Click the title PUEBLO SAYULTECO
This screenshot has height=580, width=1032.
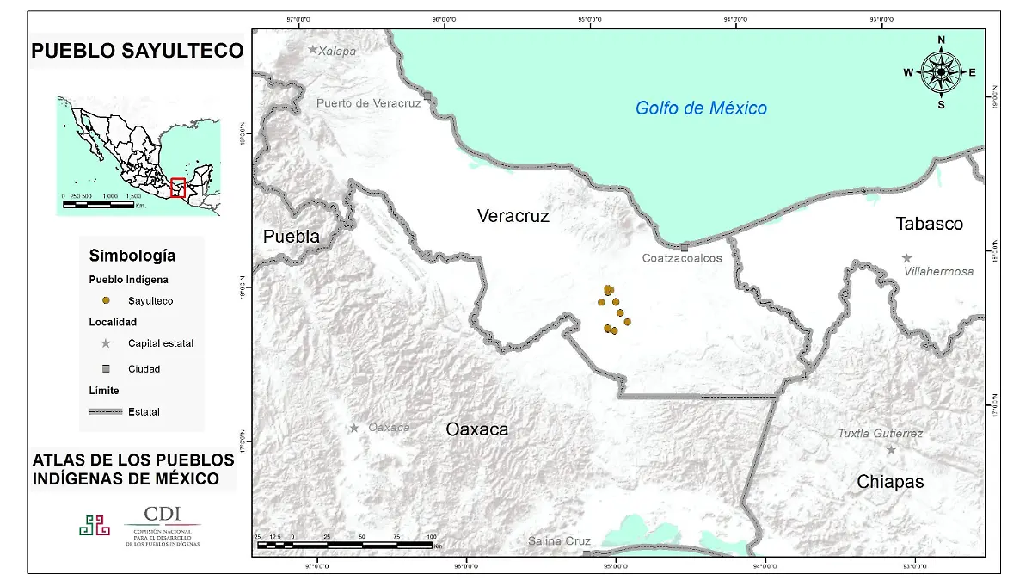(138, 51)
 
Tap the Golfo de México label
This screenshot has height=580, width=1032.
(701, 108)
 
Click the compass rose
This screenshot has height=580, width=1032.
(941, 72)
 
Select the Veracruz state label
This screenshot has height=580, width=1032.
(513, 216)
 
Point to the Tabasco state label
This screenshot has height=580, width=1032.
(929, 224)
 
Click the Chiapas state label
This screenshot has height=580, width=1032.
(890, 482)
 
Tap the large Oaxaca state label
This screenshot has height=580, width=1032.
(476, 429)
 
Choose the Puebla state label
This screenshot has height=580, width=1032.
(291, 237)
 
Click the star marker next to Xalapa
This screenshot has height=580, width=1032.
(313, 50)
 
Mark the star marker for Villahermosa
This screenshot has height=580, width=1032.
(906, 258)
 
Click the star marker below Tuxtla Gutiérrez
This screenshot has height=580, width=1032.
(891, 449)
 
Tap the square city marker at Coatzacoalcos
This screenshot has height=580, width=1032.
(684, 247)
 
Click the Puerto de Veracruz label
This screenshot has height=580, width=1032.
(368, 103)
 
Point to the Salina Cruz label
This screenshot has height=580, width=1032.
(559, 541)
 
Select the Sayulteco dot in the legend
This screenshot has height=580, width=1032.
(106, 300)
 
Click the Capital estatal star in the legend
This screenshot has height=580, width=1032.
(106, 343)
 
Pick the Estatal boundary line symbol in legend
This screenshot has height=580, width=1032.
(106, 411)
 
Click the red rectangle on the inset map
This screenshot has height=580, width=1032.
(178, 188)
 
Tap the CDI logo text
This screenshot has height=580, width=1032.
(162, 514)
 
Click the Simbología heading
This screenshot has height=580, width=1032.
(132, 256)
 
